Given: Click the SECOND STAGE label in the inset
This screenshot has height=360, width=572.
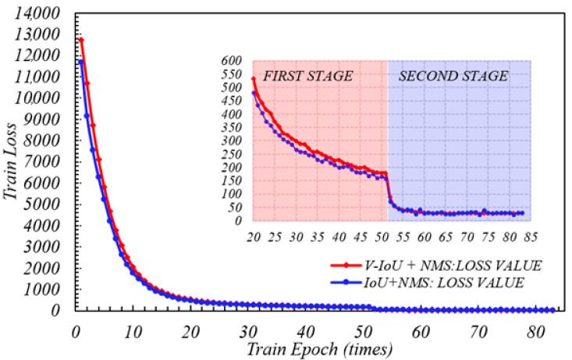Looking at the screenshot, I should pos(453,77).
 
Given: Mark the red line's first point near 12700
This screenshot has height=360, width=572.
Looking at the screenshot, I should pos(80,40).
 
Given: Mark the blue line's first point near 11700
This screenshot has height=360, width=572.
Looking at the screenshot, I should pos(80,62).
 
